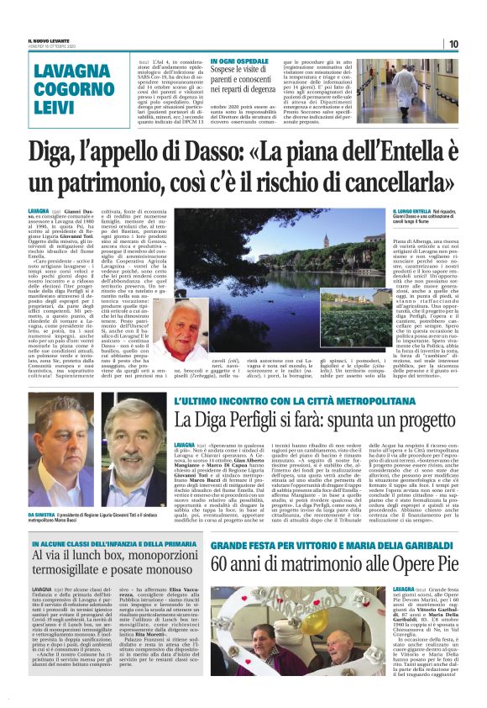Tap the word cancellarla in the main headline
point(378,183)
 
